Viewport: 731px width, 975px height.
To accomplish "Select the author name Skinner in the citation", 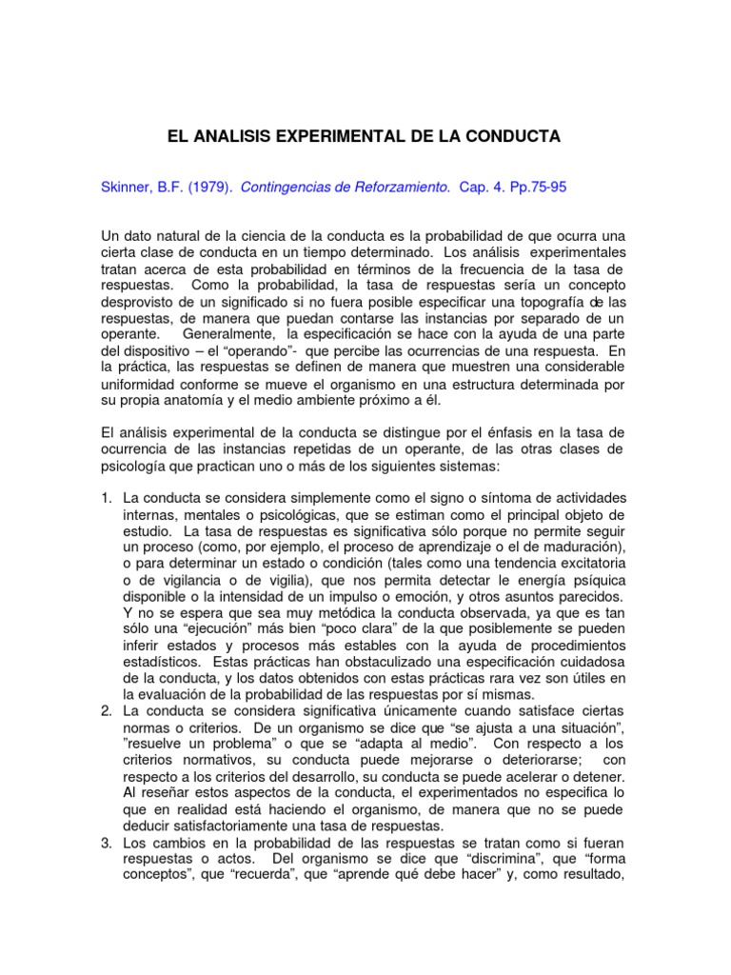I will click(x=128, y=189).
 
